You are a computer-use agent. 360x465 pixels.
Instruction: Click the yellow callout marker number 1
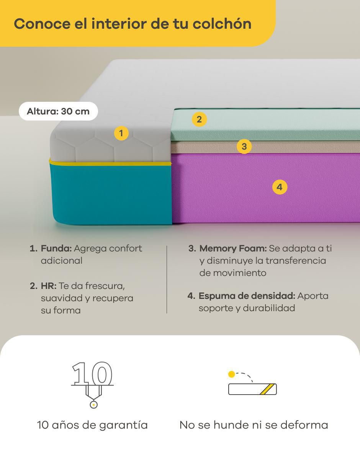coord(121,133)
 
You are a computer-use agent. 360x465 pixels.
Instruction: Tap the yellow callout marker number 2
coord(199,119)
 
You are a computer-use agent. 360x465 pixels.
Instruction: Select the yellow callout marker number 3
coord(244,146)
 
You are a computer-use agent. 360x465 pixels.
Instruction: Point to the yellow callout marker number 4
coord(280,187)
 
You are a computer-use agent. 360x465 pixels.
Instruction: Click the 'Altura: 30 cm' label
coord(58,111)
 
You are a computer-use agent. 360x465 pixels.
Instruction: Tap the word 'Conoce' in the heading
coord(42,24)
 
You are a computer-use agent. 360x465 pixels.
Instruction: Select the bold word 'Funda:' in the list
coord(56,248)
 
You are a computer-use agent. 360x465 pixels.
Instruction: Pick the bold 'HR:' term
coord(49,286)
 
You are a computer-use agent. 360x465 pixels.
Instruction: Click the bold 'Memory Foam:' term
coord(233,249)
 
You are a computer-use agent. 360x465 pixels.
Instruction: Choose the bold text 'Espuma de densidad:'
coord(247,296)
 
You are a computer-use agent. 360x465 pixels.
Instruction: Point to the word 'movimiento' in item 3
coord(239,273)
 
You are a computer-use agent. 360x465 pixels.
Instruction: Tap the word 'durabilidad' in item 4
coord(269,308)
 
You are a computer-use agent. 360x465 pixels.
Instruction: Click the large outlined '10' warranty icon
coord(92,373)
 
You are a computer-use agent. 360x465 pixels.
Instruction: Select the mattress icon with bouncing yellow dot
coord(252,383)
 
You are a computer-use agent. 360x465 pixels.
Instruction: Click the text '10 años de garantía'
coord(92,425)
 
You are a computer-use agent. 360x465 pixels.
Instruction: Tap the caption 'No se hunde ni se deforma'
coord(254,425)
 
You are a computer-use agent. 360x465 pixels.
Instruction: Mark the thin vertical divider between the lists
coord(167,279)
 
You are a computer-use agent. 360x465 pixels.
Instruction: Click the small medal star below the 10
coord(93,405)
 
